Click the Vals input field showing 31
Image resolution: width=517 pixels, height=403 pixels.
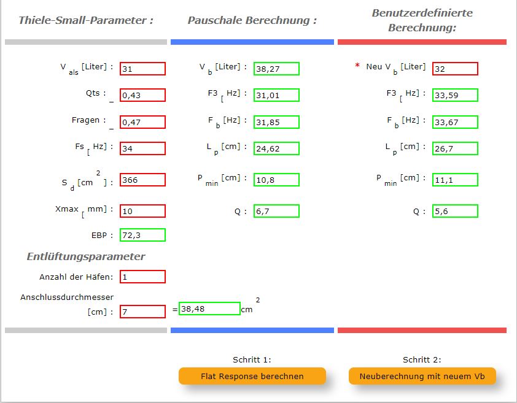tap(142, 69)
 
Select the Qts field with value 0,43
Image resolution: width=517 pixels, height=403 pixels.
tap(142, 95)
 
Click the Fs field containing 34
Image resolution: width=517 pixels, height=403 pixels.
tap(142, 148)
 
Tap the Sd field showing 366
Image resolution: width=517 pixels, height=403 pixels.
tap(142, 180)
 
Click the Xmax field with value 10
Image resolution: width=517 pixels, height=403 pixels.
tap(142, 211)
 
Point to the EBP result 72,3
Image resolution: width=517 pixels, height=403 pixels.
tap(142, 235)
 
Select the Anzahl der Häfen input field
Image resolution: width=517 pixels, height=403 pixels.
tap(142, 277)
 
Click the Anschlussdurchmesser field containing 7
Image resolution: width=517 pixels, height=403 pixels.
tap(142, 312)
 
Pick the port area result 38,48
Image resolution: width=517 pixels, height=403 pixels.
tap(209, 309)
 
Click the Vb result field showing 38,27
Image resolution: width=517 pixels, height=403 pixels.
tap(276, 69)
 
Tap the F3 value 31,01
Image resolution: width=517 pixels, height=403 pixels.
tap(276, 95)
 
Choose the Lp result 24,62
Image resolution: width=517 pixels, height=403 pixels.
tap(276, 148)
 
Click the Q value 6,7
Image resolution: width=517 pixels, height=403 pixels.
tap(276, 211)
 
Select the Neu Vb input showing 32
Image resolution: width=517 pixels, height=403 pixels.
tap(455, 69)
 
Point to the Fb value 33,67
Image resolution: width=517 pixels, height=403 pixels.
tap(455, 121)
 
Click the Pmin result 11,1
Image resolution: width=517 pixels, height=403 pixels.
tap(455, 180)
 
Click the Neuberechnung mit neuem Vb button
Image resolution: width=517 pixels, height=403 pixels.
tap(422, 376)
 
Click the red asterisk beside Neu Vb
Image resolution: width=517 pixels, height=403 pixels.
tap(357, 66)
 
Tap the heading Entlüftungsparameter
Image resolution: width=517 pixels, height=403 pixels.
tap(86, 256)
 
